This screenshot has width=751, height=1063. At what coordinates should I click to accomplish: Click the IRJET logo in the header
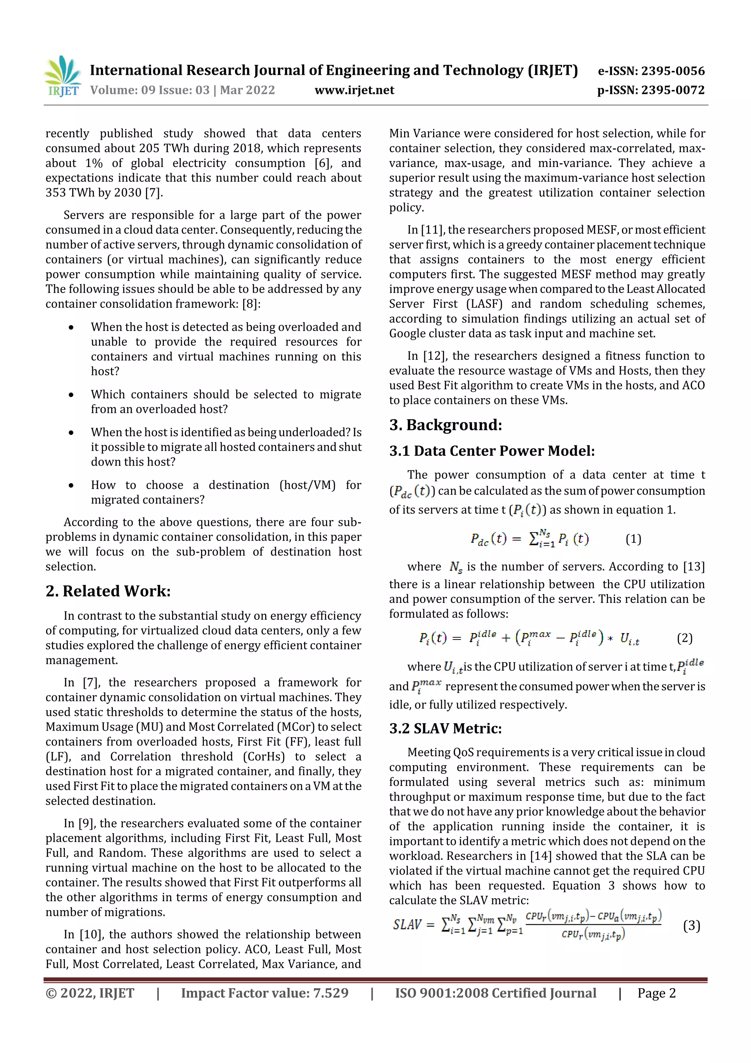point(62,76)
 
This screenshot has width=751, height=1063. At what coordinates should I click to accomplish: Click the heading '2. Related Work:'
point(108,591)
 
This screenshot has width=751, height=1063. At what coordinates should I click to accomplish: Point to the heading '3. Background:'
point(445,425)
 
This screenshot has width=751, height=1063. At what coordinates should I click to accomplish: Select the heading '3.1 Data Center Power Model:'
point(491,451)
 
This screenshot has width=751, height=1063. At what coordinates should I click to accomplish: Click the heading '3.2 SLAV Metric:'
point(445,728)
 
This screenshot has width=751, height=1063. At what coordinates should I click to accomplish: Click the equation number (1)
point(633,539)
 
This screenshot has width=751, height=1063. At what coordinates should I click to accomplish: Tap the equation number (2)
point(684,638)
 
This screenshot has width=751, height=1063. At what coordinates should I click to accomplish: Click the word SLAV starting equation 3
point(407,925)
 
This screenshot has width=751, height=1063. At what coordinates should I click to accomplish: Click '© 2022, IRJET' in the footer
point(90,993)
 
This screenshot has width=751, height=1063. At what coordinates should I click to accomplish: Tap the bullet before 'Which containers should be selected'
point(71,395)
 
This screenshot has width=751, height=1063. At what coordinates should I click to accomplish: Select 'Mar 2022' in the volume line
point(247,90)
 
